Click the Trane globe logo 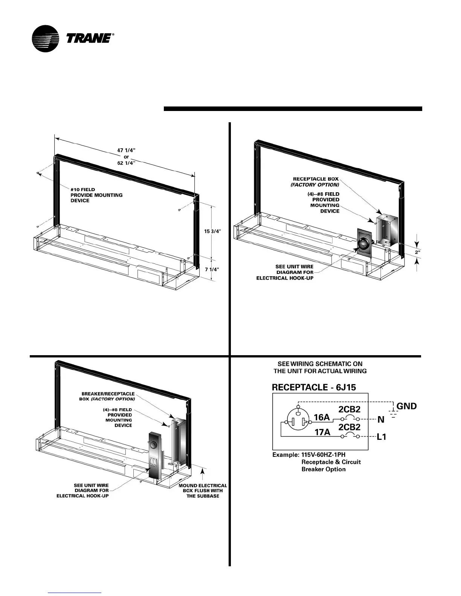tap(46, 38)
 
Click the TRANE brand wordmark tap(89, 38)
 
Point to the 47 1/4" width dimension tap(126, 150)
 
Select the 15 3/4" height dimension tap(212, 231)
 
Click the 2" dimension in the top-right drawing tap(417, 252)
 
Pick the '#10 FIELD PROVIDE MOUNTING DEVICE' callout tap(96, 195)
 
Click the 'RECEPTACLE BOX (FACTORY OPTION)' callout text tap(316, 182)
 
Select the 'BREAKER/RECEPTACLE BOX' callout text tap(108, 396)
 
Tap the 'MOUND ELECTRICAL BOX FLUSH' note tap(203, 491)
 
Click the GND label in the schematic tap(406, 406)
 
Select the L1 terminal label tap(381, 437)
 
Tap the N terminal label tap(381, 420)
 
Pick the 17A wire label tap(322, 432)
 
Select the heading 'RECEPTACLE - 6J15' tap(314, 387)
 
